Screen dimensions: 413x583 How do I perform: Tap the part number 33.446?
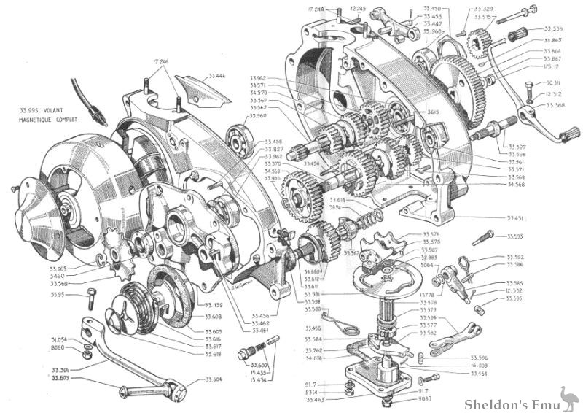(x=216, y=75)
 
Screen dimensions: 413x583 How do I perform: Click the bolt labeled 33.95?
(x=90, y=298)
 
